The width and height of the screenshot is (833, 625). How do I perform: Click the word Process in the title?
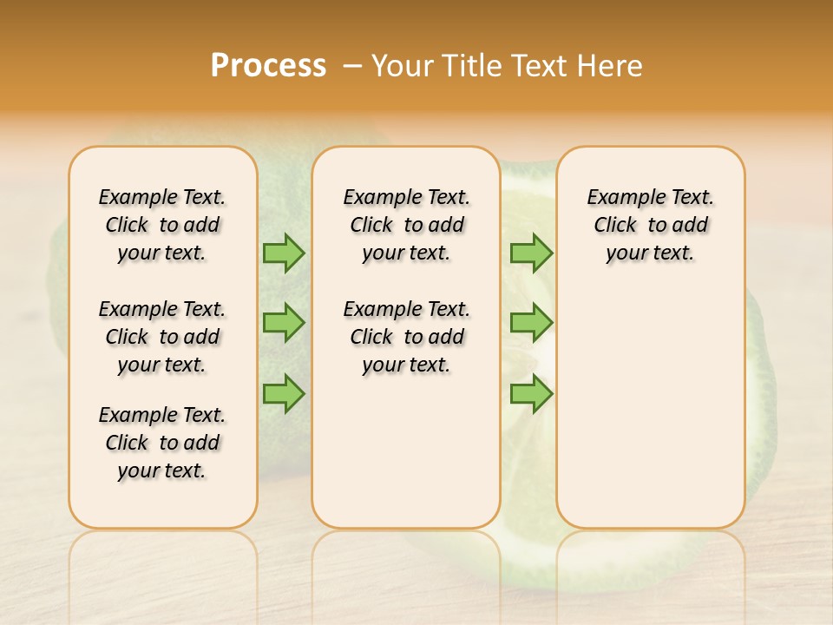[268, 66]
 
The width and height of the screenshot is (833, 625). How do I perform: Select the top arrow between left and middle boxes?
[284, 253]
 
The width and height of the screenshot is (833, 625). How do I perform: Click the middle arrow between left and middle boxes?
[284, 323]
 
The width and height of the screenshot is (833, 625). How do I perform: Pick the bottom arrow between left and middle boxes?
[284, 393]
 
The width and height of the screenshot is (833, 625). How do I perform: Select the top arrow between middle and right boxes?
[531, 253]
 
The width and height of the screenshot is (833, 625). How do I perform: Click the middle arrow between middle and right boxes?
[531, 323]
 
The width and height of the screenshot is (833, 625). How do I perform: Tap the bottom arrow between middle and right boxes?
[531, 393]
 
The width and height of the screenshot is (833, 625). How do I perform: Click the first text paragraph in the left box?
[162, 225]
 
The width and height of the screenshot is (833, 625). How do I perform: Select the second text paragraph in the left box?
[162, 337]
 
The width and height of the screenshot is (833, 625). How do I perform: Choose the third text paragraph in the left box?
[162, 443]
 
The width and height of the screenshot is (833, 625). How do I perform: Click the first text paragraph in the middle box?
[406, 225]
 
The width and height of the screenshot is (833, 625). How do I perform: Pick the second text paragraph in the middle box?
[406, 337]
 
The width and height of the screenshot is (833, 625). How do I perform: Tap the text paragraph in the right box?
[650, 225]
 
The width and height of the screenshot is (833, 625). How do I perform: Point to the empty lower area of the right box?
[650, 408]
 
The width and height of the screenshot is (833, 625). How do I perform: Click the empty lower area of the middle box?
[406, 451]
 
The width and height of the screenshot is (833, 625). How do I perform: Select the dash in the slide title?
[352, 66]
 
